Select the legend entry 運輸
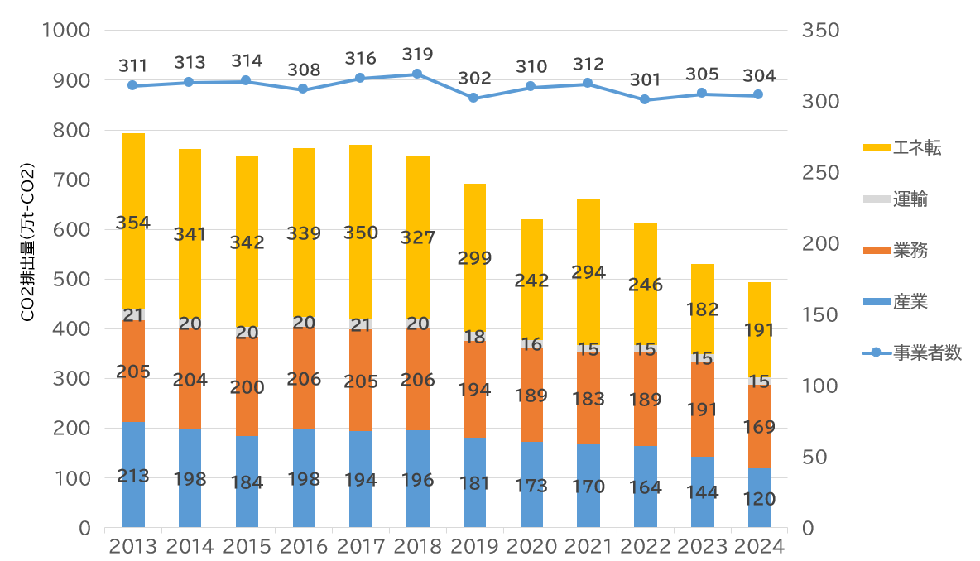click(910, 199)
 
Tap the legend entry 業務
click(910, 250)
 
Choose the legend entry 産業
click(910, 301)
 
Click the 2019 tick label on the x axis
click(474, 547)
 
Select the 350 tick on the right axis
click(821, 31)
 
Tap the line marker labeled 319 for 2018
click(417, 74)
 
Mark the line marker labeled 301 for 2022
click(645, 99)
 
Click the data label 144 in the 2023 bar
click(702, 492)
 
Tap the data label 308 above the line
click(303, 70)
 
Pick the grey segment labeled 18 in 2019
click(474, 337)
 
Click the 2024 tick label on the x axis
click(759, 547)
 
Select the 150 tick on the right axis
click(821, 315)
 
